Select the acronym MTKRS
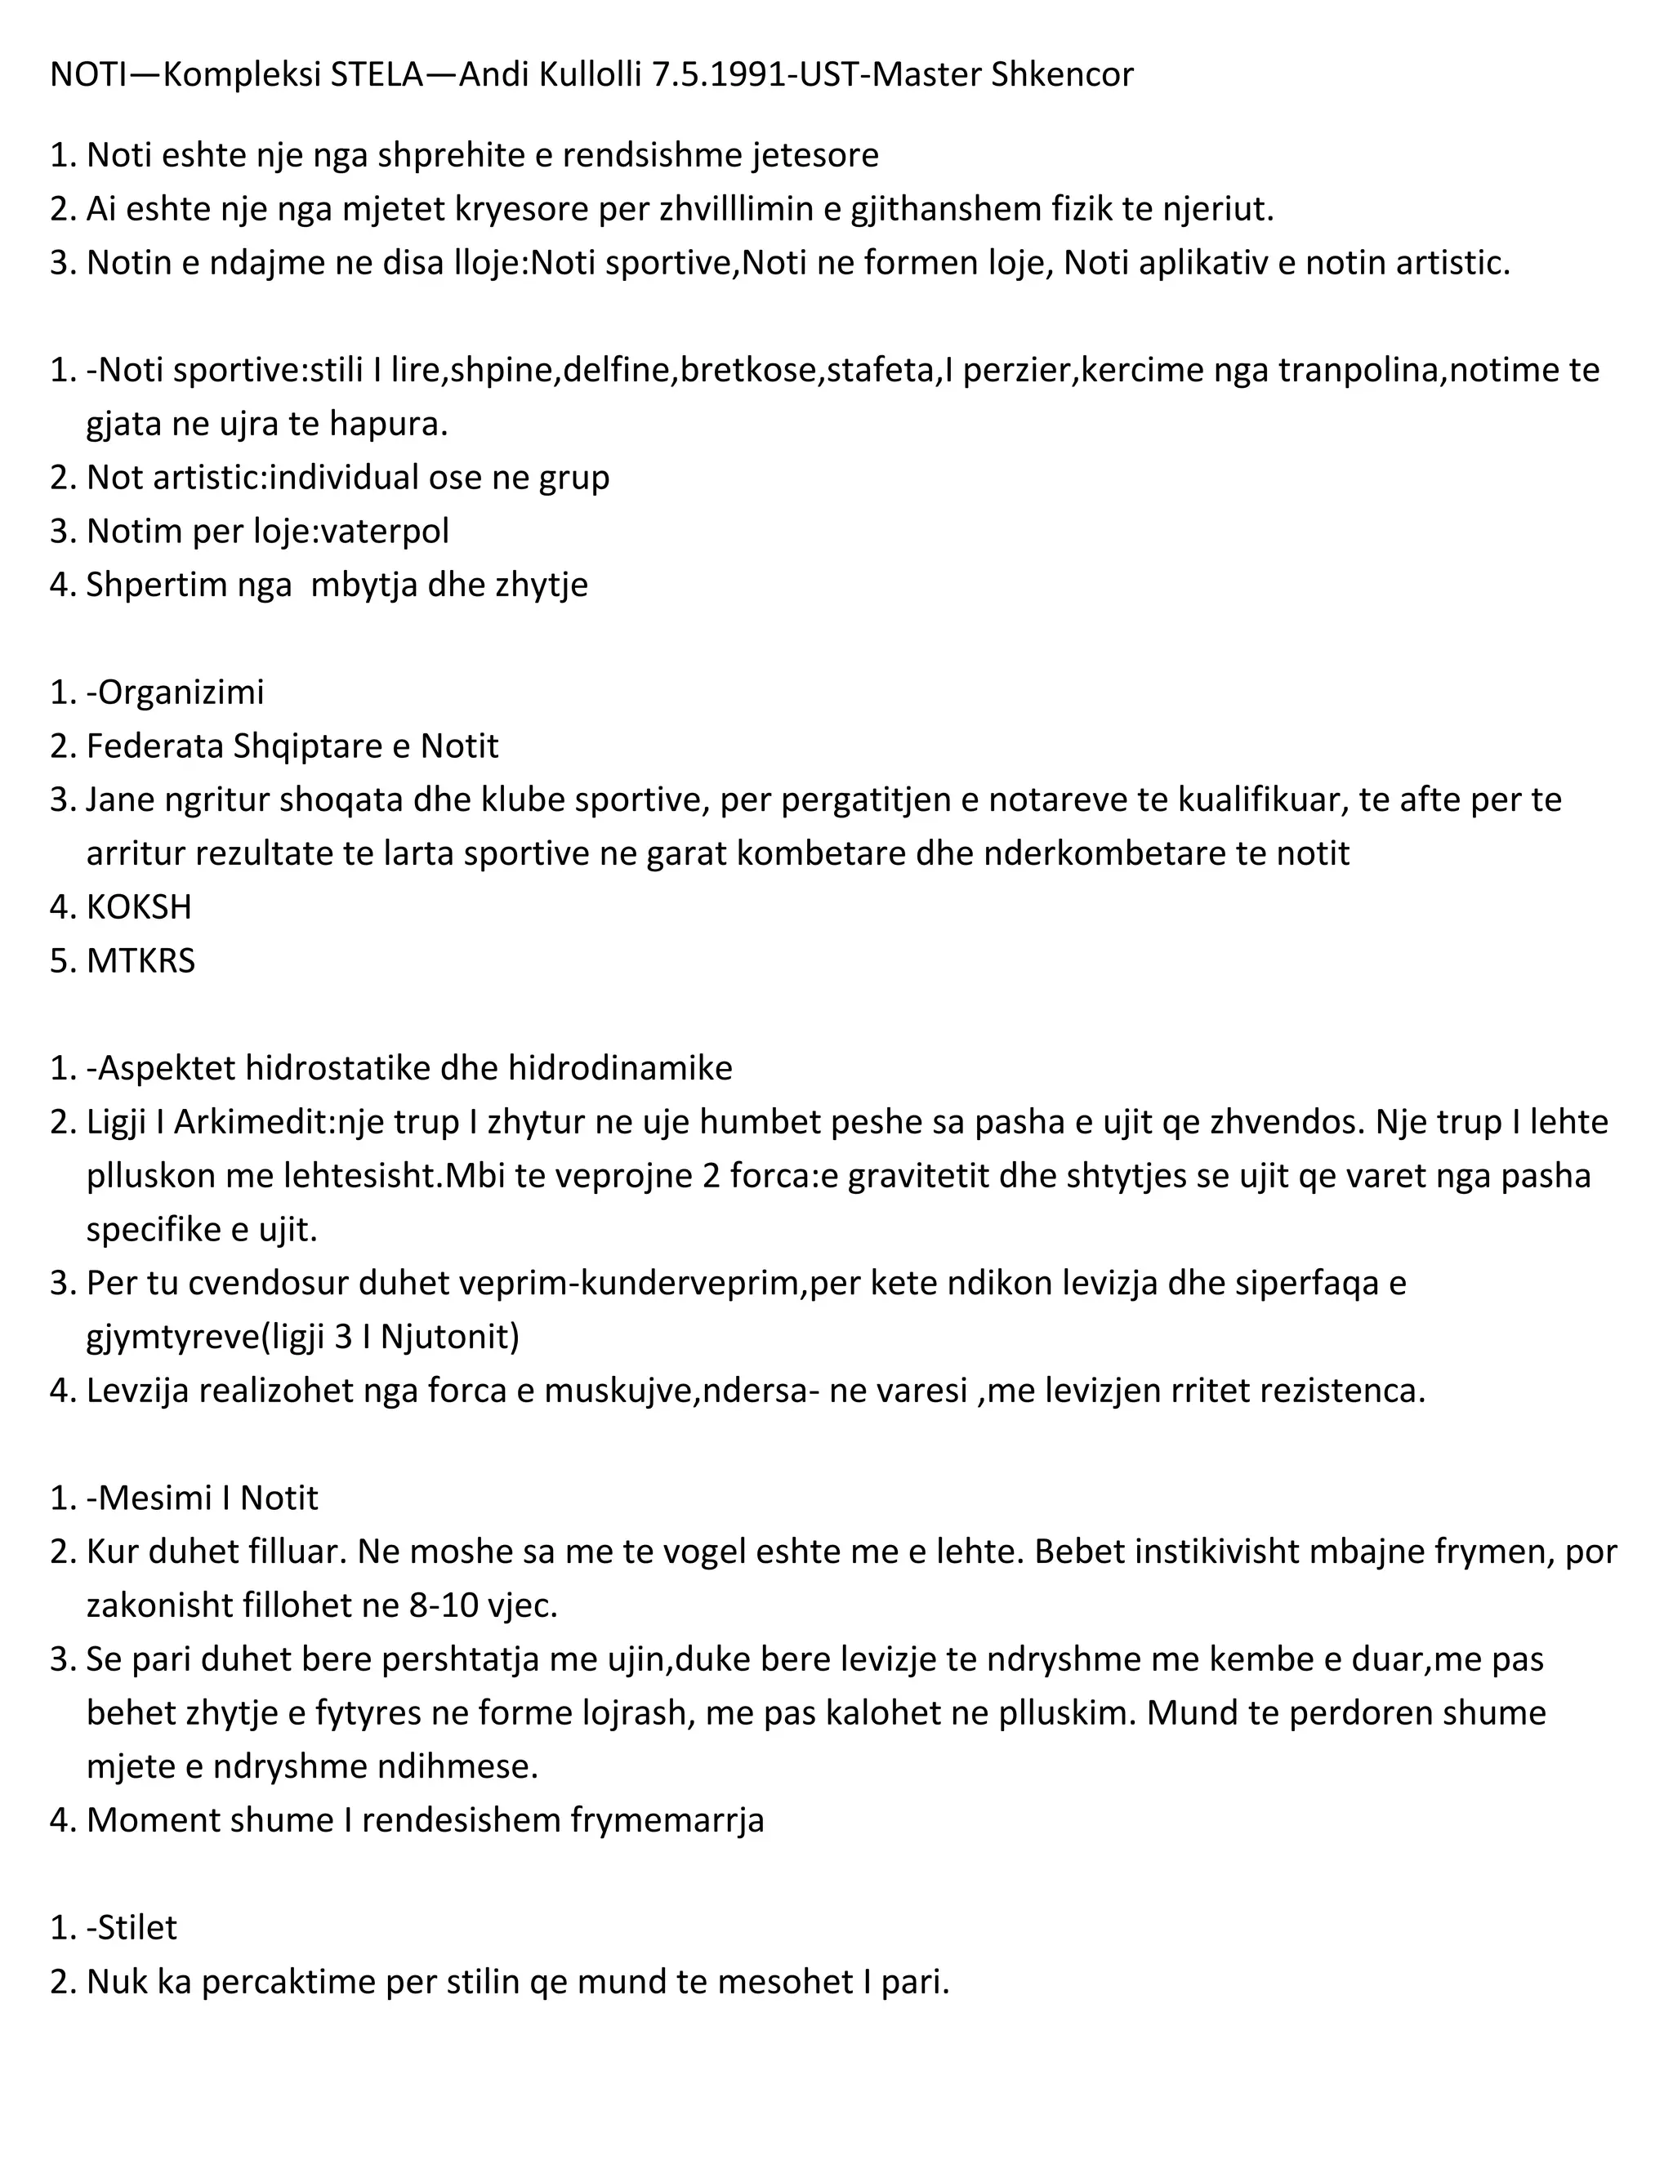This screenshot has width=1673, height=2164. click(x=141, y=960)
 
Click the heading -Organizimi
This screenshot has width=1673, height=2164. click(x=176, y=692)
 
